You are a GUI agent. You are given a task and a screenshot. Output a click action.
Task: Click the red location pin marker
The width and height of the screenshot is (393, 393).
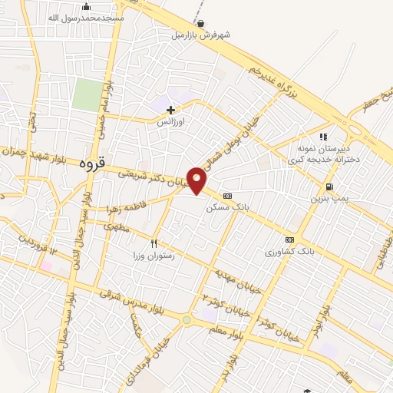197,180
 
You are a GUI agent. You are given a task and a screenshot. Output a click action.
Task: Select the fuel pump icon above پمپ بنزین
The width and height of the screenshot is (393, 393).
329,186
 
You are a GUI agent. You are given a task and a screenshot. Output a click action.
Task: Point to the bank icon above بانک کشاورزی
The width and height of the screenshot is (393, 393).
289,239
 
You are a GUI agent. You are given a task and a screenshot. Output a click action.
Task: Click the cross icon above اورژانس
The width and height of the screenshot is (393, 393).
170,110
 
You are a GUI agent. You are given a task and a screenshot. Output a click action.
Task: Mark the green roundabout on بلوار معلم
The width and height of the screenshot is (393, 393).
187,319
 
